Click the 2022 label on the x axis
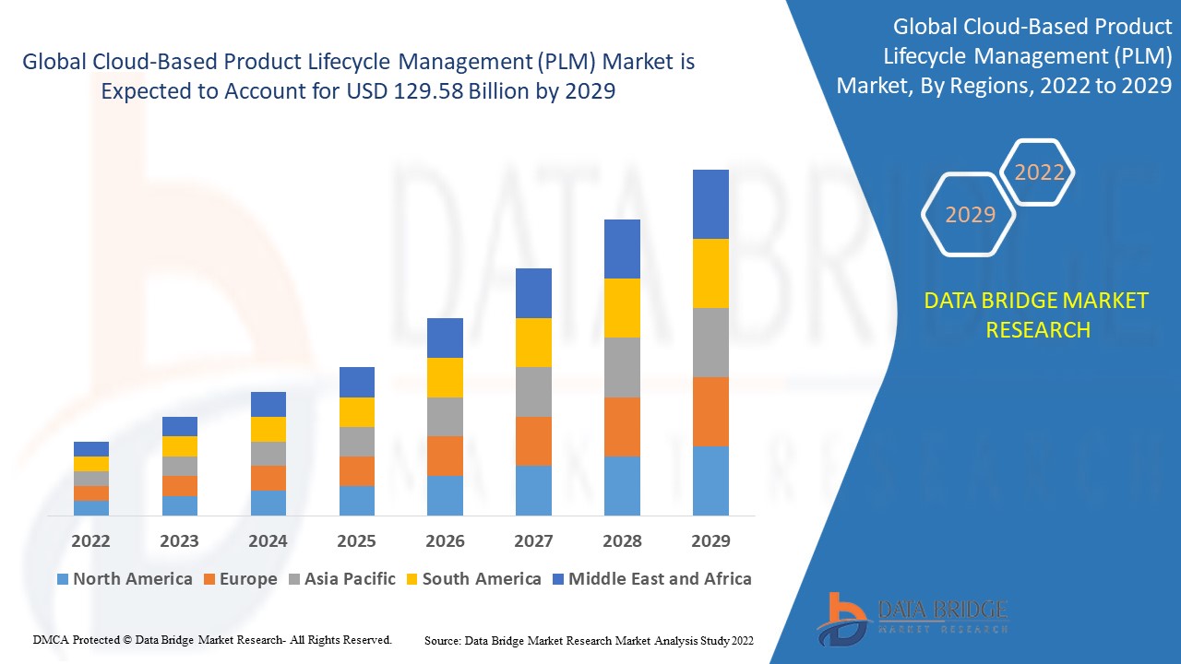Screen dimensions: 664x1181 click(x=90, y=541)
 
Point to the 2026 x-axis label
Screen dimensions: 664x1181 click(x=445, y=541)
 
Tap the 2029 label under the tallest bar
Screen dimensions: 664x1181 click(x=710, y=541)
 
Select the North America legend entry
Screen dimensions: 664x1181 click(x=125, y=579)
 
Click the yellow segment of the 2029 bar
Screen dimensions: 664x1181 click(x=710, y=273)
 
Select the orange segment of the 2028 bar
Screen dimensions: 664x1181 click(x=622, y=426)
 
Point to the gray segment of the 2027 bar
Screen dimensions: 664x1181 click(x=533, y=392)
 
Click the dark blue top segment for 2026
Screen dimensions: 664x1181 click(x=445, y=338)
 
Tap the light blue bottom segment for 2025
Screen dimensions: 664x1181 click(x=356, y=500)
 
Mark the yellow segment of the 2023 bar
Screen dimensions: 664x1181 click(x=179, y=446)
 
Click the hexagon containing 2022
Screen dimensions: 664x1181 click(x=1039, y=172)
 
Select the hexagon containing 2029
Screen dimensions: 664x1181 click(x=970, y=215)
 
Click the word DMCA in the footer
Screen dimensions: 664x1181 click(x=49, y=639)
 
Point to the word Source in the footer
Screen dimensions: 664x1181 click(x=443, y=640)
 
